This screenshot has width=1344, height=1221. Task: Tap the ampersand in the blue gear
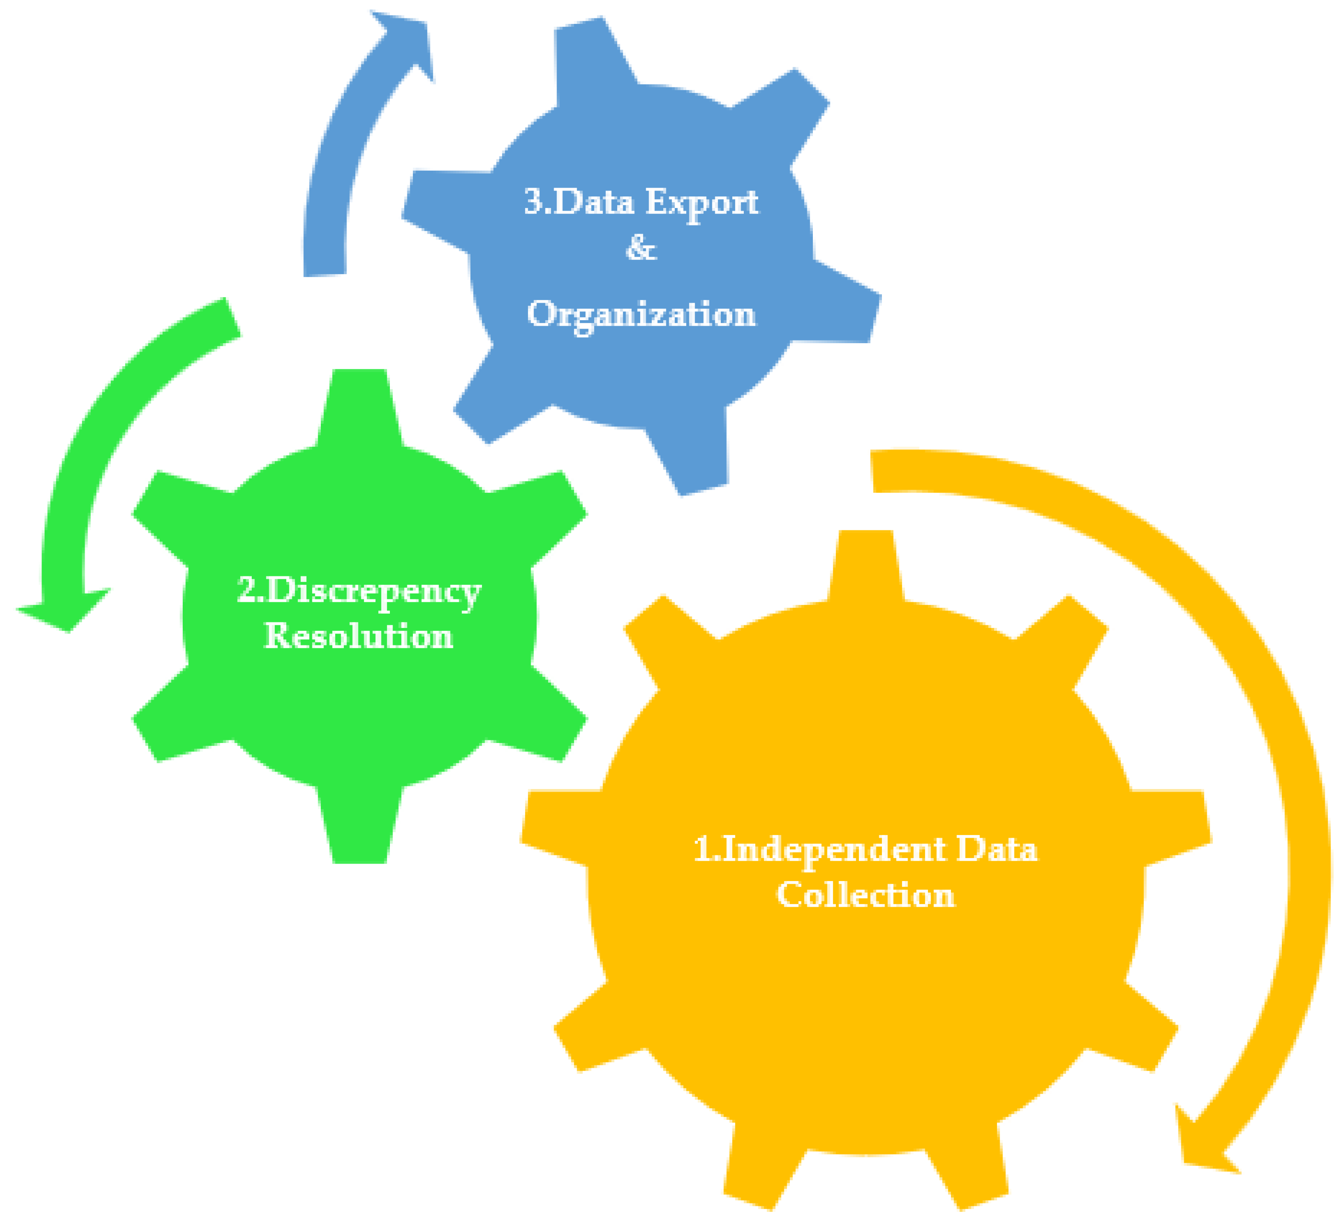pos(641,248)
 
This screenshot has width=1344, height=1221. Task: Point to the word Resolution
pos(359,636)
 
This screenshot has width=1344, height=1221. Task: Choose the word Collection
pos(865,895)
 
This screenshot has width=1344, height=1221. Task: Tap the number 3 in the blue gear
pos(533,202)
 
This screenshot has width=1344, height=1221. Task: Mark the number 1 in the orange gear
pos(703,850)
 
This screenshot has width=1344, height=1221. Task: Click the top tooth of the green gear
pos(359,400)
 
